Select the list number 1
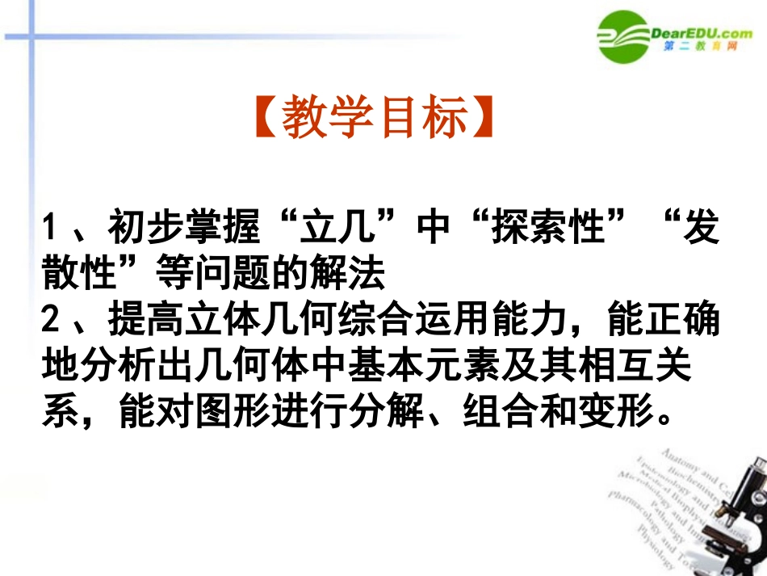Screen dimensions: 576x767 51,229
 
